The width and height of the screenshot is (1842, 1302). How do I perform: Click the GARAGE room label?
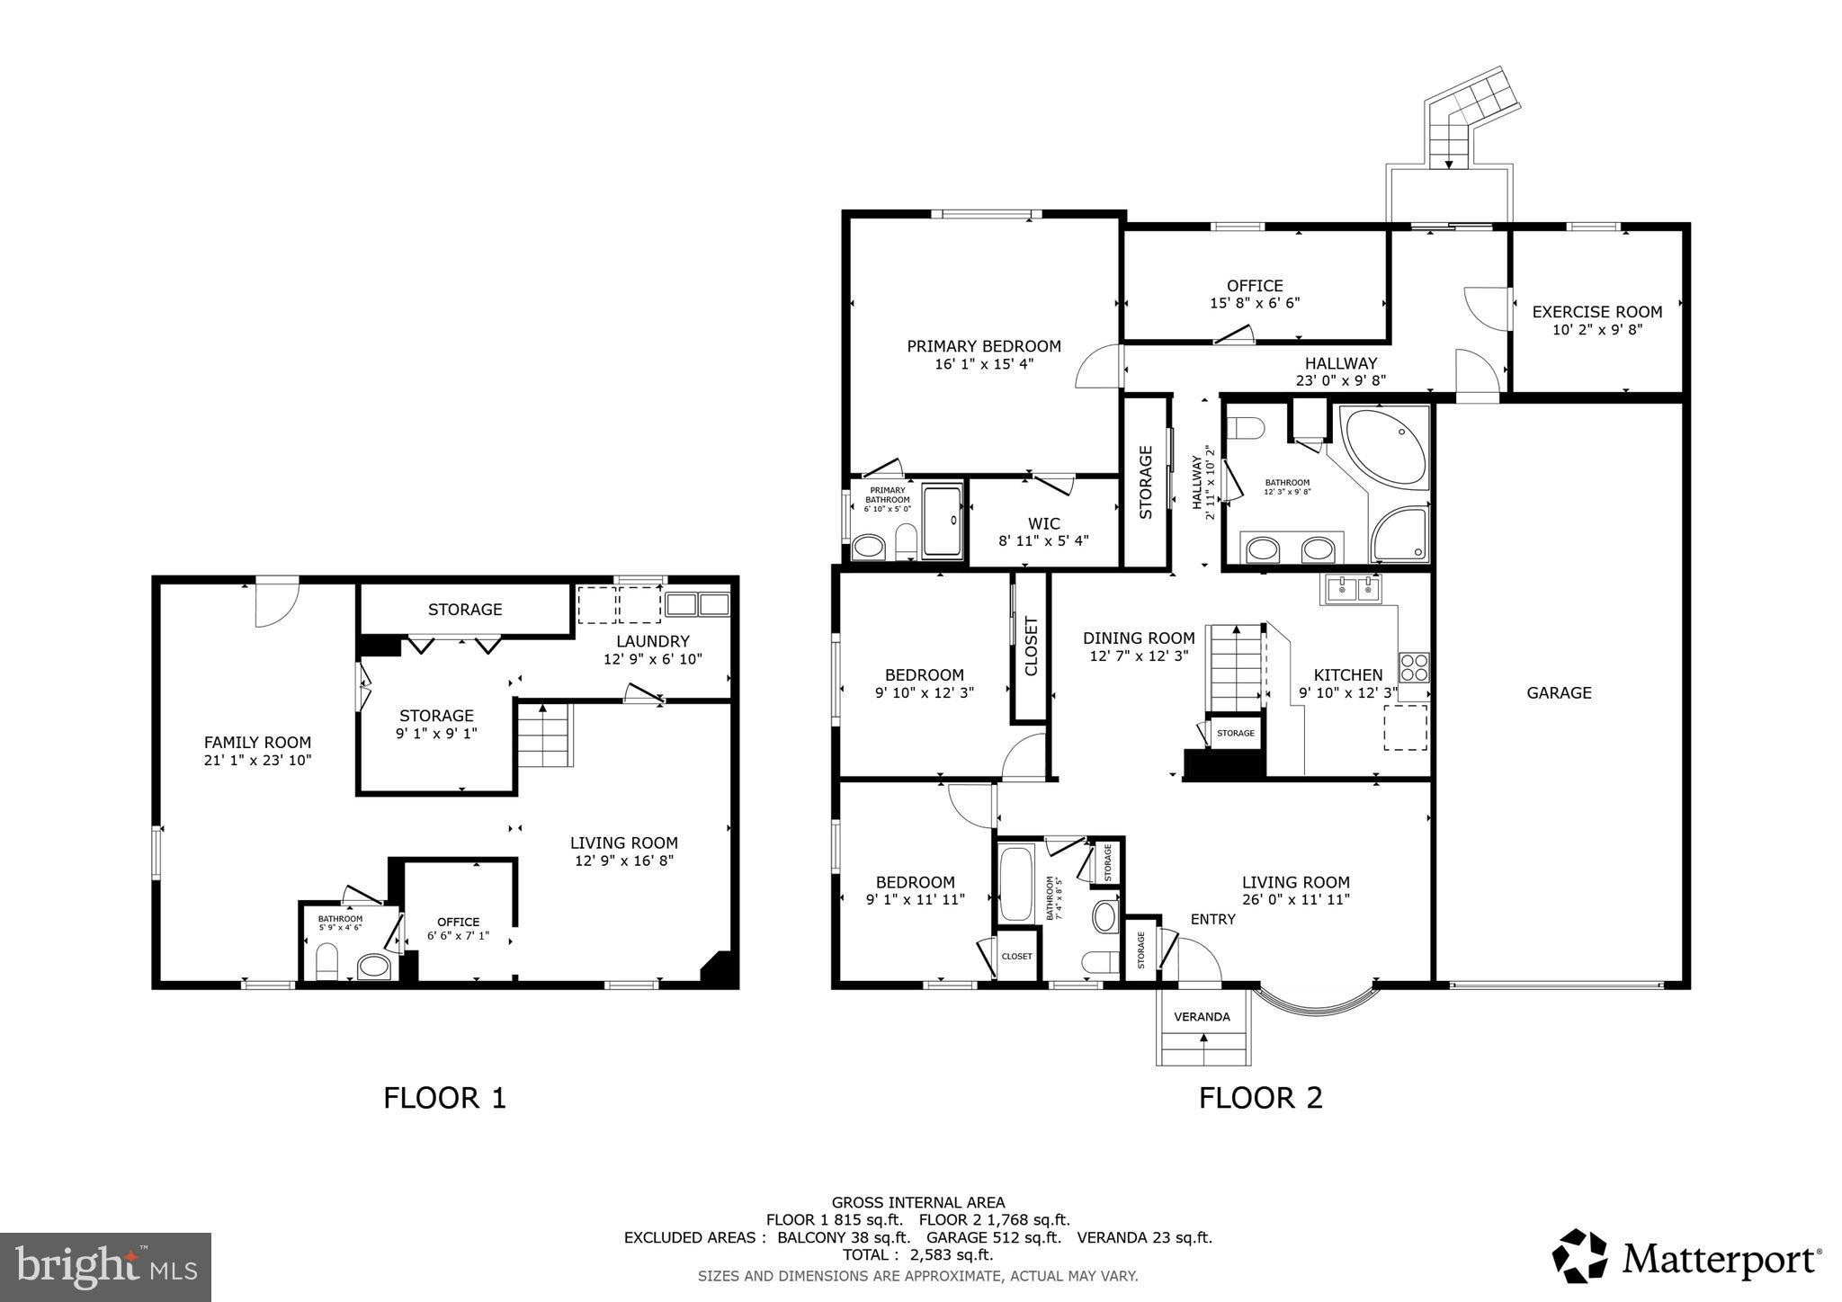(1559, 692)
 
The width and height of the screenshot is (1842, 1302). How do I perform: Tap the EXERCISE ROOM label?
(1596, 312)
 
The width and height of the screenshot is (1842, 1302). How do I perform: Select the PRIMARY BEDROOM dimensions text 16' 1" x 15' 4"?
(984, 364)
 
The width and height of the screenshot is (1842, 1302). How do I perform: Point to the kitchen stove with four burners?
(1413, 667)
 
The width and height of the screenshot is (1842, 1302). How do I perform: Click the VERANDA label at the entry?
(1202, 1017)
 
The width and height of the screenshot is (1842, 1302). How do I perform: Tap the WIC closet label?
(1043, 523)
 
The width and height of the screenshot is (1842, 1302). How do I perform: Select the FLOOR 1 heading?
(444, 1098)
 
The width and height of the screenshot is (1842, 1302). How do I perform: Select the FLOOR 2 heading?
(1260, 1098)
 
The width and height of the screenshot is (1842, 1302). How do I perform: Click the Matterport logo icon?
(1579, 1256)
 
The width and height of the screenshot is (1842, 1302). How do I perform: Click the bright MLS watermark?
(105, 1267)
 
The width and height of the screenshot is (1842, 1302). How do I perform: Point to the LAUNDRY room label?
(652, 641)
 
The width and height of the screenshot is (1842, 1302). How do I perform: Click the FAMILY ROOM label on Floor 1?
(257, 743)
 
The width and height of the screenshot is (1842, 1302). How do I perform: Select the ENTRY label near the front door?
(1212, 919)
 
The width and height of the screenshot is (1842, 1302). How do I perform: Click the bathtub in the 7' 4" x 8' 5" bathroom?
(1015, 882)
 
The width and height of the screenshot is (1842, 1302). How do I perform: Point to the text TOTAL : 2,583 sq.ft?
(917, 1255)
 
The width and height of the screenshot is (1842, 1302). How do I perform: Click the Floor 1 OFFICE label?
(458, 922)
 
